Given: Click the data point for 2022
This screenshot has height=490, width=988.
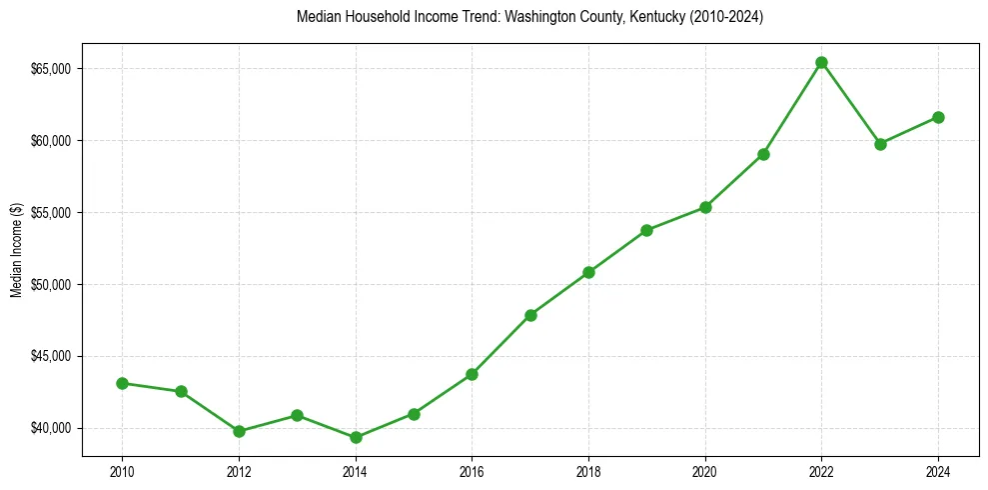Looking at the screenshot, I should pos(821,62).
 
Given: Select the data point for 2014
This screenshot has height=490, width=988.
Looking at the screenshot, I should pos(355,437).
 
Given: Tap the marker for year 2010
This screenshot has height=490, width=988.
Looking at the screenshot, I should pos(122,383).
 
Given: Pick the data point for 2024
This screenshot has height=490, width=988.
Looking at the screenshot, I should pos(938,117).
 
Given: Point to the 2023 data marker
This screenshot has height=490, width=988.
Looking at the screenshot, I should pos(880,144).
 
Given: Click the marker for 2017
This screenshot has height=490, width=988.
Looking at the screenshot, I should pos(530,315).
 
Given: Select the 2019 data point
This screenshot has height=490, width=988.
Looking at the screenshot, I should pos(646,230).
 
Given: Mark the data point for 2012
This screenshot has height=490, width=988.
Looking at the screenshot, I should pos(239,431).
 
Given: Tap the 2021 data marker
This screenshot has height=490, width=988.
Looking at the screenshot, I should pos(763,154).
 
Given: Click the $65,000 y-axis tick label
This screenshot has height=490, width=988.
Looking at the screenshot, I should pos(51,69).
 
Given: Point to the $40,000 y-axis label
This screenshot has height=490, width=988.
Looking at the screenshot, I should pos(51,428).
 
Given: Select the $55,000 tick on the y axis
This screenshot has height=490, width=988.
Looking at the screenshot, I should pos(51,213).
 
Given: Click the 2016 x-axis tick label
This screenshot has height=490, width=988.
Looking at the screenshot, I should pos(472,471).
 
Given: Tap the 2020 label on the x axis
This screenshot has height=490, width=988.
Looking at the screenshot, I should pos(704,471).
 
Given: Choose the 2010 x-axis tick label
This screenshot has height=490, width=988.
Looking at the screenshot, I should pos(122,471).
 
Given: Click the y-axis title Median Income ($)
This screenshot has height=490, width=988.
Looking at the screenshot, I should pos(16,249).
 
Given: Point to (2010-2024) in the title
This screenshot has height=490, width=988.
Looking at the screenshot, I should pos(721,17).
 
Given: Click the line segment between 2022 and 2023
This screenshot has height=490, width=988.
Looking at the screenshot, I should pos(850,103).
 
